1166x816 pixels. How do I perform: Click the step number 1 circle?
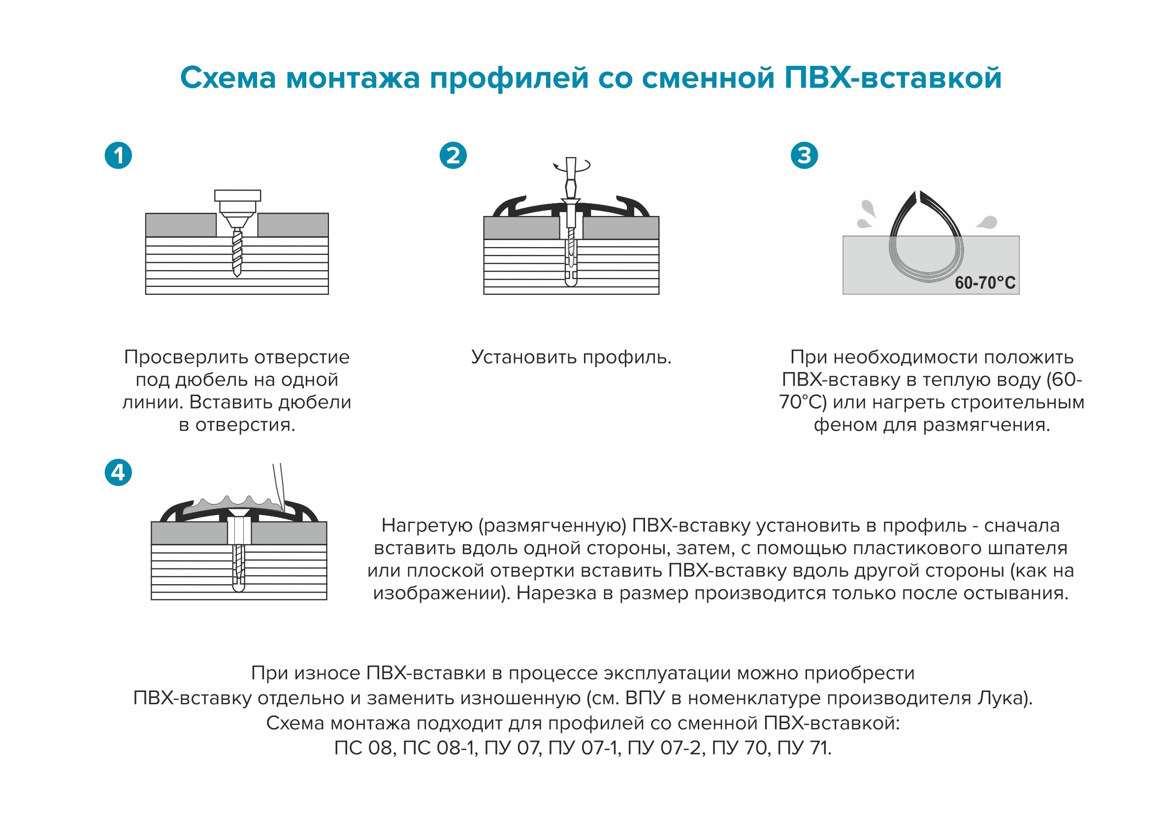coord(118,156)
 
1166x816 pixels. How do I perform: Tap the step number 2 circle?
coord(453,156)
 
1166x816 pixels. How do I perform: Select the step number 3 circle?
coord(805,156)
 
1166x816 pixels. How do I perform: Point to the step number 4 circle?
coord(118,472)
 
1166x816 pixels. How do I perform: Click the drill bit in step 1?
coord(237,252)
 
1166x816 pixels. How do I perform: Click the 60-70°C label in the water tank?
coord(985,282)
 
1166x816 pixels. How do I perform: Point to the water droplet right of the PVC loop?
coord(987,222)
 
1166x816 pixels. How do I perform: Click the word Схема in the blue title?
coord(228,78)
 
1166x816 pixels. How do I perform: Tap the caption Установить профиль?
coord(571,357)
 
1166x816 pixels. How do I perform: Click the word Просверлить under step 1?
coord(187,357)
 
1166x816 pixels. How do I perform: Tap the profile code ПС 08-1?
coord(439,748)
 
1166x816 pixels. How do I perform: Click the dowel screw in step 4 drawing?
coord(239,564)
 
